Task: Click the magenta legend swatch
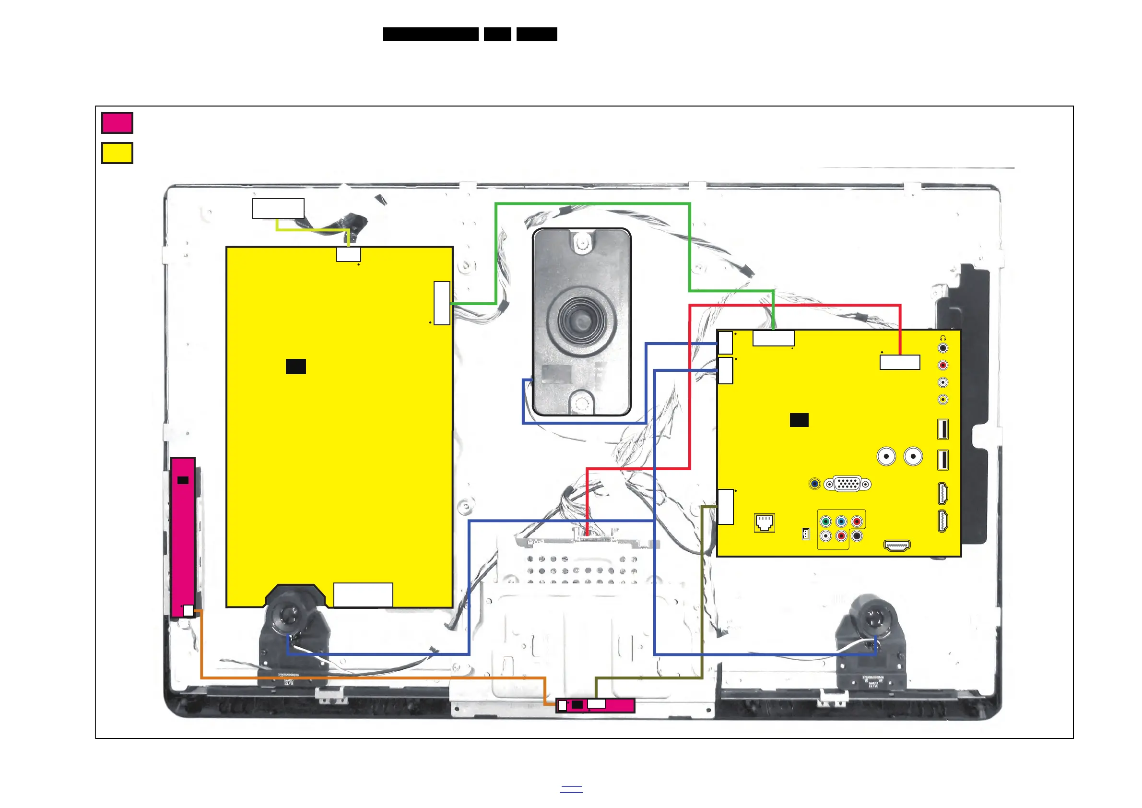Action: point(117,123)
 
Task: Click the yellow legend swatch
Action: point(117,153)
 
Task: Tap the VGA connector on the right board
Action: point(847,484)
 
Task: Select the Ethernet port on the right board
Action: point(764,523)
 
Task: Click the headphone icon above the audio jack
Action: point(942,338)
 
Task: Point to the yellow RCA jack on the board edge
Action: point(942,400)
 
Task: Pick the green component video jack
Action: point(825,522)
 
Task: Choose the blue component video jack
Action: point(841,522)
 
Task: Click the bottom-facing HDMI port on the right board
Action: point(897,546)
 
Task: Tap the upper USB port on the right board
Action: point(942,429)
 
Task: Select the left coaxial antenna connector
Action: point(886,456)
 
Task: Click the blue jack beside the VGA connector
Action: point(814,484)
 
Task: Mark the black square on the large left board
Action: point(295,367)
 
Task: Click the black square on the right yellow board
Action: point(799,420)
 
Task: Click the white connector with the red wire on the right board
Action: point(900,362)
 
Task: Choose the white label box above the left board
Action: point(278,208)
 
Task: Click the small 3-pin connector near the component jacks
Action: point(806,535)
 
